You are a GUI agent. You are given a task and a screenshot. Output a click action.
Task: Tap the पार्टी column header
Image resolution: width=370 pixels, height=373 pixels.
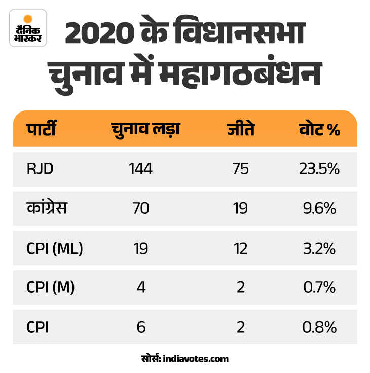[x=42, y=130]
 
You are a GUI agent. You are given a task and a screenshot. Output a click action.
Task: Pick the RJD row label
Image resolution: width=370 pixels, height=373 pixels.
[x=40, y=169]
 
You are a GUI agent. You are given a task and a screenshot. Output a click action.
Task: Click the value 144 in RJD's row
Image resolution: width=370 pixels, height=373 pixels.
[x=140, y=169]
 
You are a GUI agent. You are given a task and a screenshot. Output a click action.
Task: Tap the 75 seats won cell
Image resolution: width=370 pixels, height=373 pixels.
[x=240, y=169]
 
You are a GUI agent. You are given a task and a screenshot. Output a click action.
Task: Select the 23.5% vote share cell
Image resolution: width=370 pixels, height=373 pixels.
[x=319, y=169]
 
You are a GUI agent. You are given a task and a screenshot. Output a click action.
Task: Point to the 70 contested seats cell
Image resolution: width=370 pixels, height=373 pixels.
[x=140, y=208]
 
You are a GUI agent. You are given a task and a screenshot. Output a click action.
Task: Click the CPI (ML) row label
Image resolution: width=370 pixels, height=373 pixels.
[x=55, y=248]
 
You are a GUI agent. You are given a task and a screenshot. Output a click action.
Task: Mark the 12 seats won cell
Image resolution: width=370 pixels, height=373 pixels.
[x=240, y=248]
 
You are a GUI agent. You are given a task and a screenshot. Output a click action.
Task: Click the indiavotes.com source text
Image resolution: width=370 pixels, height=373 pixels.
[x=196, y=359]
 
